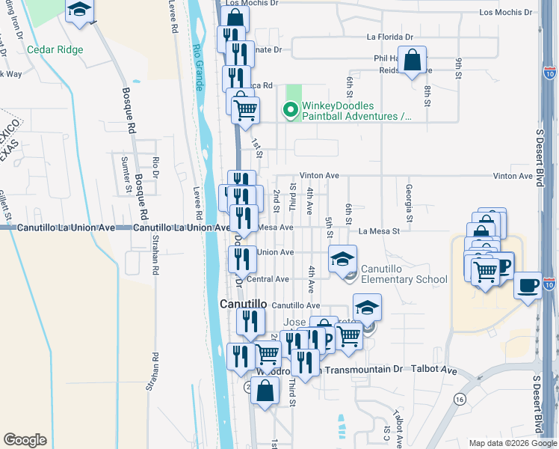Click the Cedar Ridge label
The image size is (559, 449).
point(55,50)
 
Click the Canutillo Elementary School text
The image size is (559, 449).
point(404,274)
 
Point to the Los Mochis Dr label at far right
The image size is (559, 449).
point(506,12)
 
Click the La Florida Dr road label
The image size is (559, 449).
point(389,37)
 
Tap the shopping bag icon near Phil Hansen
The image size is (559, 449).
point(412,60)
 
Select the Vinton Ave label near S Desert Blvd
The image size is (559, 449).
point(512,176)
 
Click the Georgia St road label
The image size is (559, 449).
point(409,197)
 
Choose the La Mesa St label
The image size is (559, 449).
point(379,231)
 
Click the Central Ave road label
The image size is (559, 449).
point(268,279)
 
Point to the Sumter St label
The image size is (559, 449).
point(125,173)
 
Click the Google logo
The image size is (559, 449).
point(25,440)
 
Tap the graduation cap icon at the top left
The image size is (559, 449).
point(79,10)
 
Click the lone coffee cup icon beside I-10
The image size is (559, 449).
point(528,285)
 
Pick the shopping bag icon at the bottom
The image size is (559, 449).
point(265,390)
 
